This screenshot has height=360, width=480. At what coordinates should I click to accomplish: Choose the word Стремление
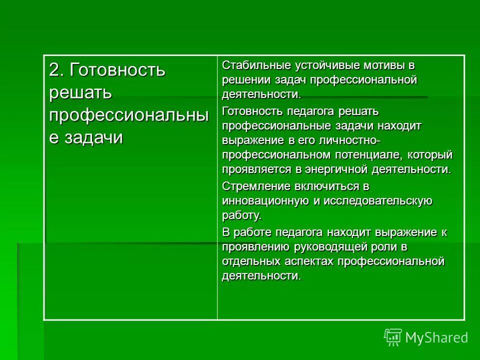point(249,186)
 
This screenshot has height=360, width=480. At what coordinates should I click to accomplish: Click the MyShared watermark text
point(436,337)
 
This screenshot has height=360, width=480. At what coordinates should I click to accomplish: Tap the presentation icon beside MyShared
point(393,337)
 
